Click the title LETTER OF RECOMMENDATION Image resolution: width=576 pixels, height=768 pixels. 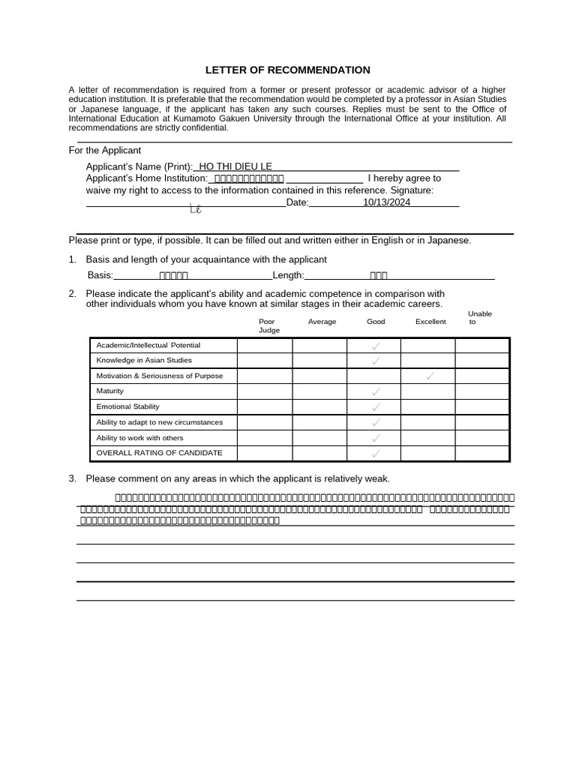click(288, 70)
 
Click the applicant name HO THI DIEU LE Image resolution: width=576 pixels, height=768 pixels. click(235, 166)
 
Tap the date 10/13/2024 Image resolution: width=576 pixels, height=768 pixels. click(386, 202)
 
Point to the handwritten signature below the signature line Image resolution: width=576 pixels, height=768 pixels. click(196, 210)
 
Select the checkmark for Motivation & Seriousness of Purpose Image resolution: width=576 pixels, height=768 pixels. click(430, 376)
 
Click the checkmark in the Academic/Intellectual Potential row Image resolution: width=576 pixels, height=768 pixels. click(375, 345)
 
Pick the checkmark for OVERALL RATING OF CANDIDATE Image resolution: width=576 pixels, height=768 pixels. click(375, 453)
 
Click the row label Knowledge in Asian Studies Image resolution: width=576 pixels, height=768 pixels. click(133, 360)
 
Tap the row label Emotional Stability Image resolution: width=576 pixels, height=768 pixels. click(127, 406)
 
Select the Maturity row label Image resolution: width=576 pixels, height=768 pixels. click(110, 391)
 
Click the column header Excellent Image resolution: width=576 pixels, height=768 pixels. click(430, 321)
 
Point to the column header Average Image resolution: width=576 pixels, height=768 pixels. click(322, 321)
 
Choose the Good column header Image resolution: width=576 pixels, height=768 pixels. click(376, 321)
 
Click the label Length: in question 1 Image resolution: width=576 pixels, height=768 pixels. click(288, 275)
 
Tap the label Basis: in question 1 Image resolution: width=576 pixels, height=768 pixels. click(100, 275)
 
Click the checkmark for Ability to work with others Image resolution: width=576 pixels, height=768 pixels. click(375, 438)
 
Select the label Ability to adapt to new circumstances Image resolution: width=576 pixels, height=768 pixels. click(160, 422)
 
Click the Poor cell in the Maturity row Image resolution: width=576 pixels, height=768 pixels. click(265, 391)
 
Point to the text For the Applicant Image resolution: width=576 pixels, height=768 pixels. click(105, 150)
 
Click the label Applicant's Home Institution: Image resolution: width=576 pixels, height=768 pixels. click(147, 178)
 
